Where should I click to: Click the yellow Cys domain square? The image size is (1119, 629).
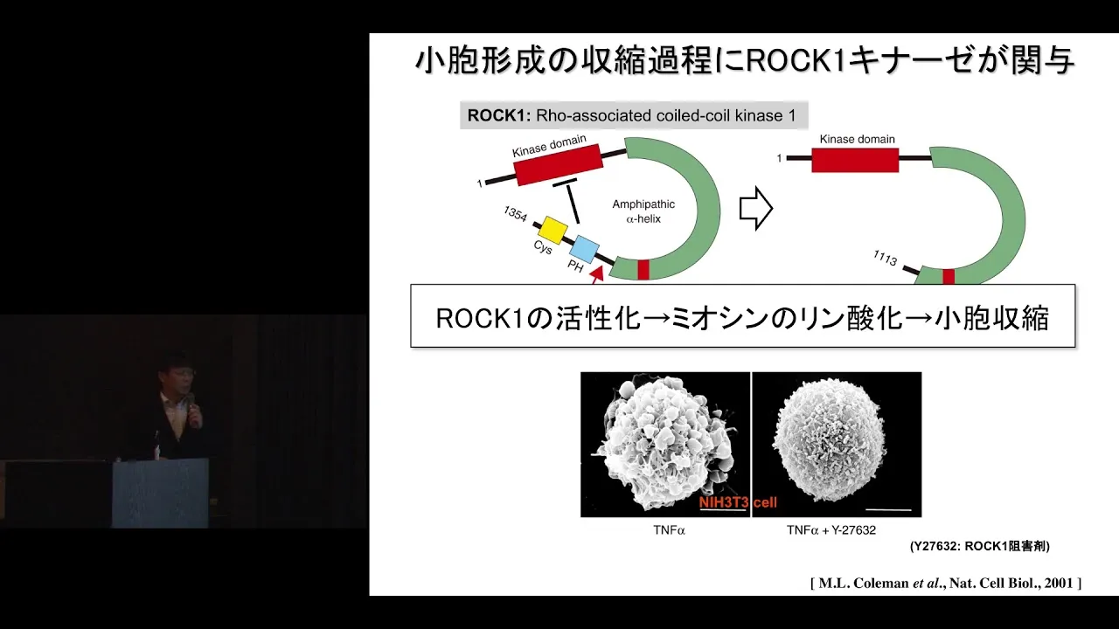click(553, 230)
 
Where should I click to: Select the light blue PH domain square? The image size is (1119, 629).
click(585, 250)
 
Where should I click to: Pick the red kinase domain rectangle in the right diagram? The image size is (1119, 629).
click(855, 159)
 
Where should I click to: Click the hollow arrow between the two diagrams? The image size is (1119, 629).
click(756, 209)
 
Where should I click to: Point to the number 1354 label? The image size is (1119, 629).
click(515, 214)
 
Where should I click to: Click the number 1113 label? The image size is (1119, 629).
click(886, 258)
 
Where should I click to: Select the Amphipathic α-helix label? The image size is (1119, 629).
click(643, 211)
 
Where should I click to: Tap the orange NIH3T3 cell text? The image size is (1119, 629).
click(738, 502)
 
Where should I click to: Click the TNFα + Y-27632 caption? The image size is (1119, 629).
click(831, 530)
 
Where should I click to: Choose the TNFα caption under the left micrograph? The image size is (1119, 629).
click(669, 530)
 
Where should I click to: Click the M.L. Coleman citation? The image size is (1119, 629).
click(946, 583)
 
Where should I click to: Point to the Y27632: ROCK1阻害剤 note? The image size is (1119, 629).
click(980, 546)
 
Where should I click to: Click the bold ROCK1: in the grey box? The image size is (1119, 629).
click(498, 115)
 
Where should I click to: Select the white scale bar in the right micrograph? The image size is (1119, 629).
click(888, 509)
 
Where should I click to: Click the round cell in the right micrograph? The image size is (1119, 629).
click(830, 441)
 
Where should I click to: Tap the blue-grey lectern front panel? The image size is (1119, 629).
click(160, 493)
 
